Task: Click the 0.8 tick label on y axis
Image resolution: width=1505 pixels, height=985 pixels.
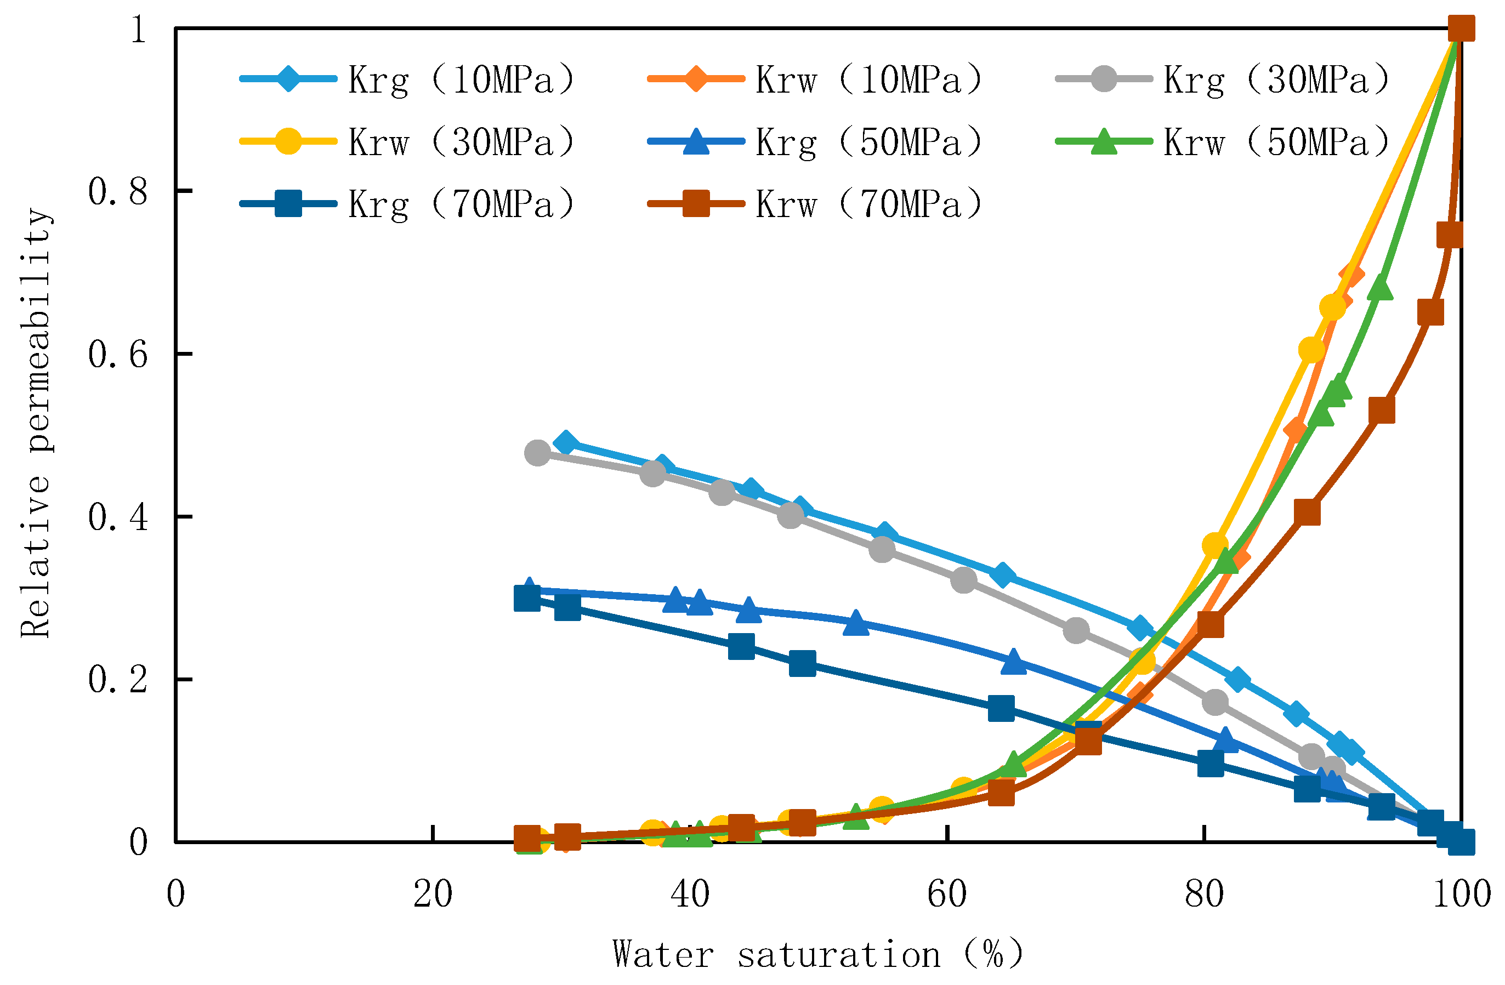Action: click(118, 191)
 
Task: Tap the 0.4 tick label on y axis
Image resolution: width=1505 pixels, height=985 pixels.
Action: click(118, 516)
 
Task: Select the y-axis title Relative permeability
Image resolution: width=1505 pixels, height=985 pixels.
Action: click(36, 424)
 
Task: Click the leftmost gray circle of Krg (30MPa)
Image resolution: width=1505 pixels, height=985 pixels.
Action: click(537, 453)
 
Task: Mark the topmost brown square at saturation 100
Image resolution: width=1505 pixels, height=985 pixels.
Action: click(1461, 29)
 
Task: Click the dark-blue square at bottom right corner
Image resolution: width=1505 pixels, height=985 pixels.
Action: click(1461, 842)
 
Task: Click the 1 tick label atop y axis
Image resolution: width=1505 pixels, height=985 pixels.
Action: click(138, 29)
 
